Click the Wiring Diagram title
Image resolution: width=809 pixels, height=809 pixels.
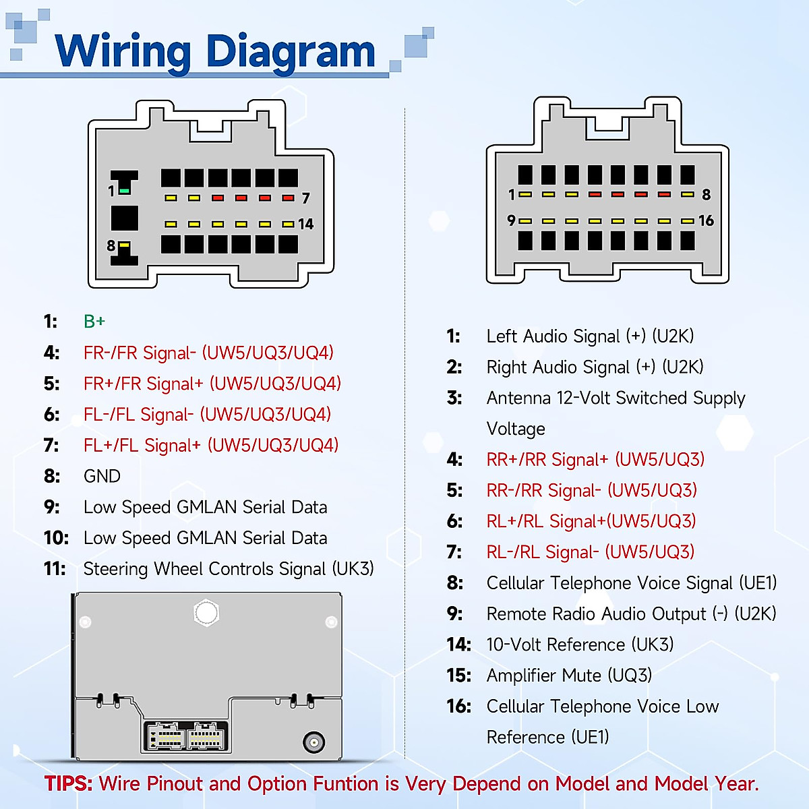[x=216, y=51]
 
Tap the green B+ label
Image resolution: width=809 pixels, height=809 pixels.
[x=94, y=322]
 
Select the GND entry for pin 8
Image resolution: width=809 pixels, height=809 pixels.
[x=102, y=477]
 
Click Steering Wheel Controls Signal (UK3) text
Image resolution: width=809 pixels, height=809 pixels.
[x=228, y=569]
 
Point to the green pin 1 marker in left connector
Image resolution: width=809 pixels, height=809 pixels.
[x=124, y=191]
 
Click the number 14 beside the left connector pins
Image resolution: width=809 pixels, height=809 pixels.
[x=305, y=224]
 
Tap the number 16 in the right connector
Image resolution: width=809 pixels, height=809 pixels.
[x=706, y=221]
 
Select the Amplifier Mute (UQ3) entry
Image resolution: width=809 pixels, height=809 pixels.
[x=569, y=676]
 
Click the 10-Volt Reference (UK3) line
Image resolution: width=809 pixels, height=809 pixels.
[x=580, y=645]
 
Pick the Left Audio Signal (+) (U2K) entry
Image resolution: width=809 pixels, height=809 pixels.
[x=590, y=336]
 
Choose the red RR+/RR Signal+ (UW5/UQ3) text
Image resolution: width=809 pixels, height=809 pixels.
[x=595, y=460]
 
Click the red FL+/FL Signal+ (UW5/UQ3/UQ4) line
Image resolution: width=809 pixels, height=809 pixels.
[x=210, y=446]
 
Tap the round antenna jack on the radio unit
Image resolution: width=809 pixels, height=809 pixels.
[x=313, y=742]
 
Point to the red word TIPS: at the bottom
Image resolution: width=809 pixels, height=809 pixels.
[x=69, y=784]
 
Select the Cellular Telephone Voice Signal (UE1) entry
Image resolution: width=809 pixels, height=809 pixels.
[x=632, y=583]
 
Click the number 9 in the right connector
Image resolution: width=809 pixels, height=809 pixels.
[x=511, y=221]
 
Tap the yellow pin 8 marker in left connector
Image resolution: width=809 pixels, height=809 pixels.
[x=125, y=246]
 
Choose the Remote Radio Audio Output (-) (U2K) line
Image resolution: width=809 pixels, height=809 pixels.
[x=631, y=614]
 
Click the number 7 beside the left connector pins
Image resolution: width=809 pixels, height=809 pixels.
[x=305, y=198]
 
